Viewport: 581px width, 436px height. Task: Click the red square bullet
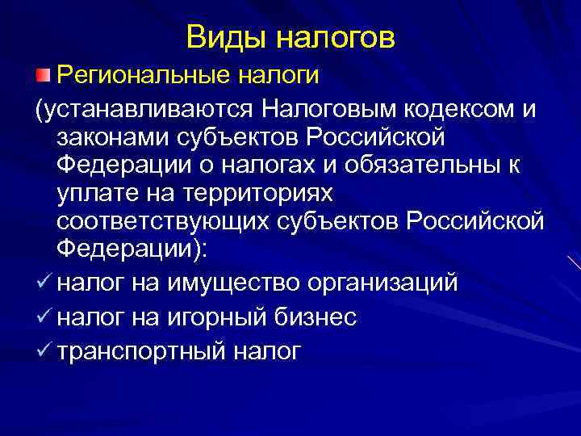click(41, 75)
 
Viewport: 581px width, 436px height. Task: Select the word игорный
click(219, 317)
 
